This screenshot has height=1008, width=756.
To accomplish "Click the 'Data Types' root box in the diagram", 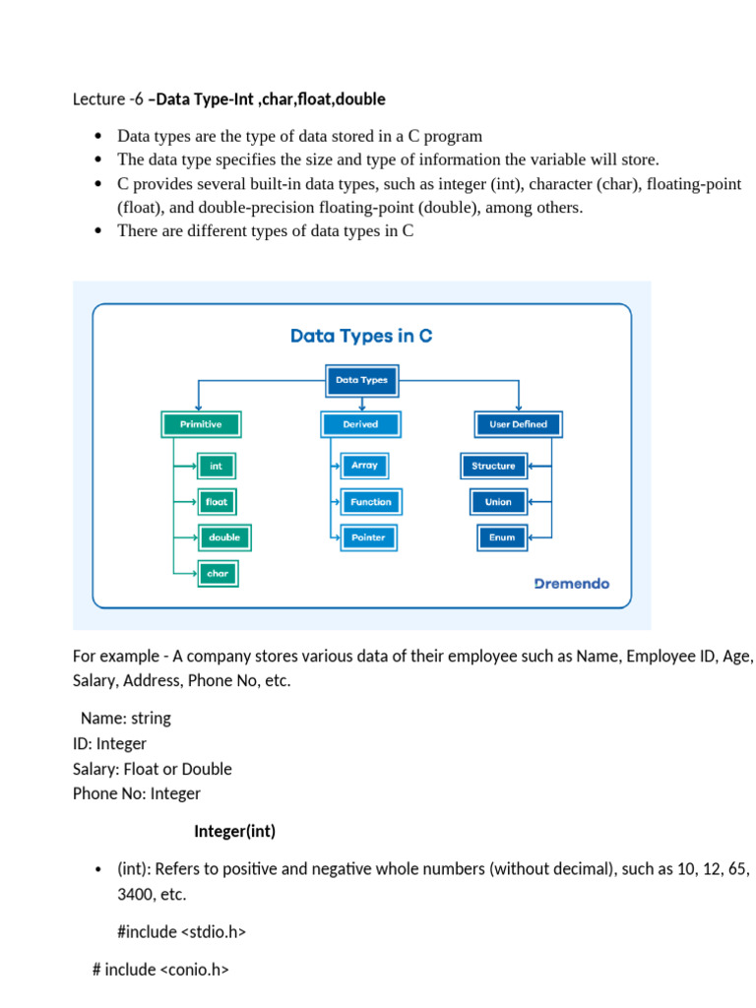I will pyautogui.click(x=361, y=379).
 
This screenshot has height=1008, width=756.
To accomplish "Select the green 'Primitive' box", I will pyautogui.click(x=200, y=424).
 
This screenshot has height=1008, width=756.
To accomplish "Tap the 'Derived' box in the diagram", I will pyautogui.click(x=361, y=424).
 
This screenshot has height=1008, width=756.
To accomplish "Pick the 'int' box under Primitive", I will pyautogui.click(x=217, y=466).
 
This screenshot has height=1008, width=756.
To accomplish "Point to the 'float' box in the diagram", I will pyautogui.click(x=217, y=502).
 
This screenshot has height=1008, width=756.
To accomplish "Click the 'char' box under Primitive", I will pyautogui.click(x=217, y=574).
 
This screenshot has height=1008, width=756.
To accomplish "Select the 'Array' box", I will pyautogui.click(x=364, y=466).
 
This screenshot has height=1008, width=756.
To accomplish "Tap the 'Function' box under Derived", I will pyautogui.click(x=370, y=502).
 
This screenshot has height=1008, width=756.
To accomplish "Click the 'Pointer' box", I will pyautogui.click(x=368, y=537).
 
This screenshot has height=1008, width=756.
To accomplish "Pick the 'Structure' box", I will pyautogui.click(x=493, y=466).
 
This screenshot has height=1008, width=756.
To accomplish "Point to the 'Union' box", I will pyautogui.click(x=498, y=502).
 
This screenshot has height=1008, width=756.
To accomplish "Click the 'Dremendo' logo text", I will pyautogui.click(x=571, y=584).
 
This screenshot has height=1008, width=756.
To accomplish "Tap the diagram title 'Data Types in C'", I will pyautogui.click(x=361, y=336).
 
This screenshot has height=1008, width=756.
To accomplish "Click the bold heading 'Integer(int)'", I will pyautogui.click(x=234, y=832).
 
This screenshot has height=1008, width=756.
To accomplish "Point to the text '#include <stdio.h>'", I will pyautogui.click(x=181, y=931).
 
